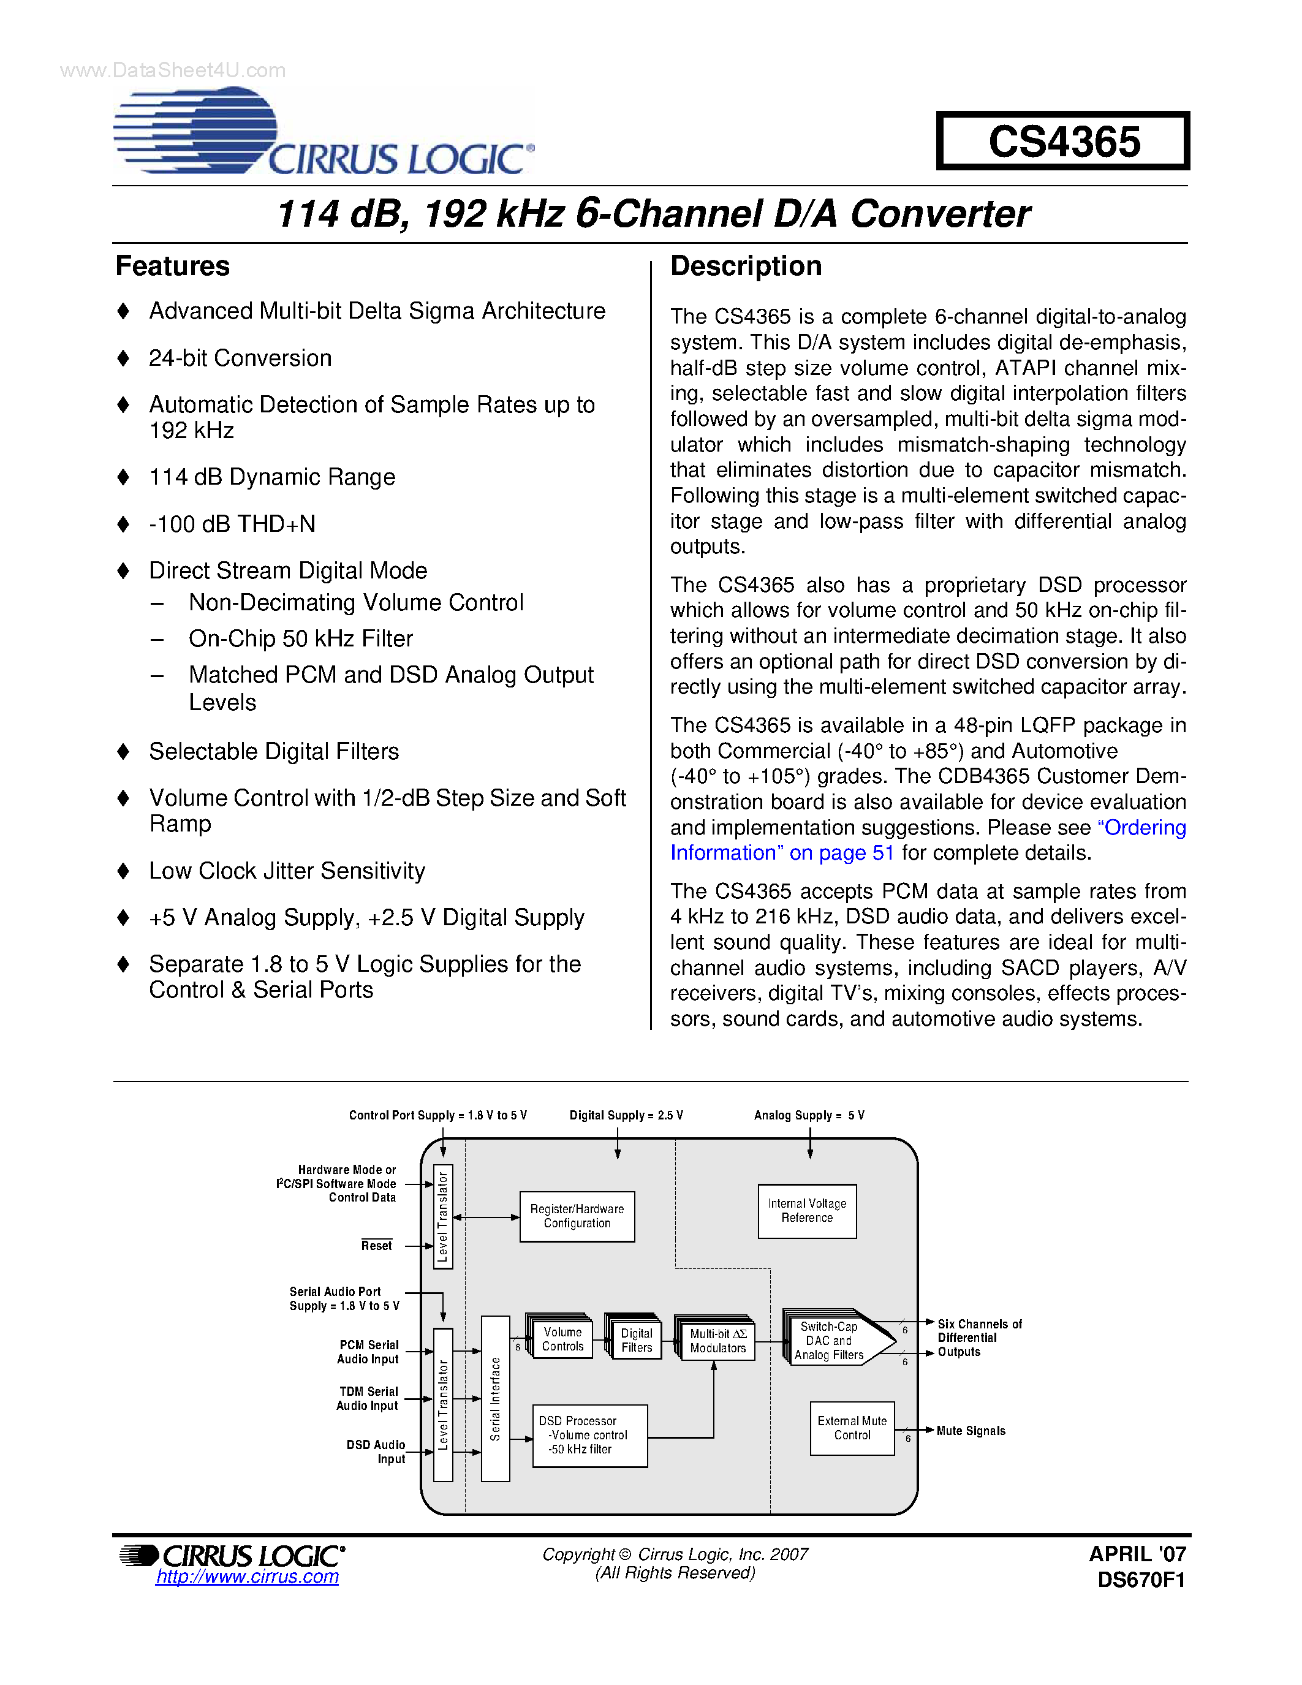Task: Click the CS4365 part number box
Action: (1063, 141)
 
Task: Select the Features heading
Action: (173, 266)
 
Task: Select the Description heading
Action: (745, 266)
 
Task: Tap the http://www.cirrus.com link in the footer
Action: (247, 1577)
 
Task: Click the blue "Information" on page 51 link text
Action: (781, 854)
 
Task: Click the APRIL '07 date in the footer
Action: (1137, 1554)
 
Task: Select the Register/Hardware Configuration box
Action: (577, 1217)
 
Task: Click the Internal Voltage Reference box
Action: (807, 1211)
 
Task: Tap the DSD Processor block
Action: (589, 1435)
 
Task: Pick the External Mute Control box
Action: (852, 1428)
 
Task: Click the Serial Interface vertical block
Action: (495, 1399)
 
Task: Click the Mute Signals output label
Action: (971, 1431)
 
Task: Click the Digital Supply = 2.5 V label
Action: (626, 1116)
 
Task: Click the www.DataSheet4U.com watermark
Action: (173, 71)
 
